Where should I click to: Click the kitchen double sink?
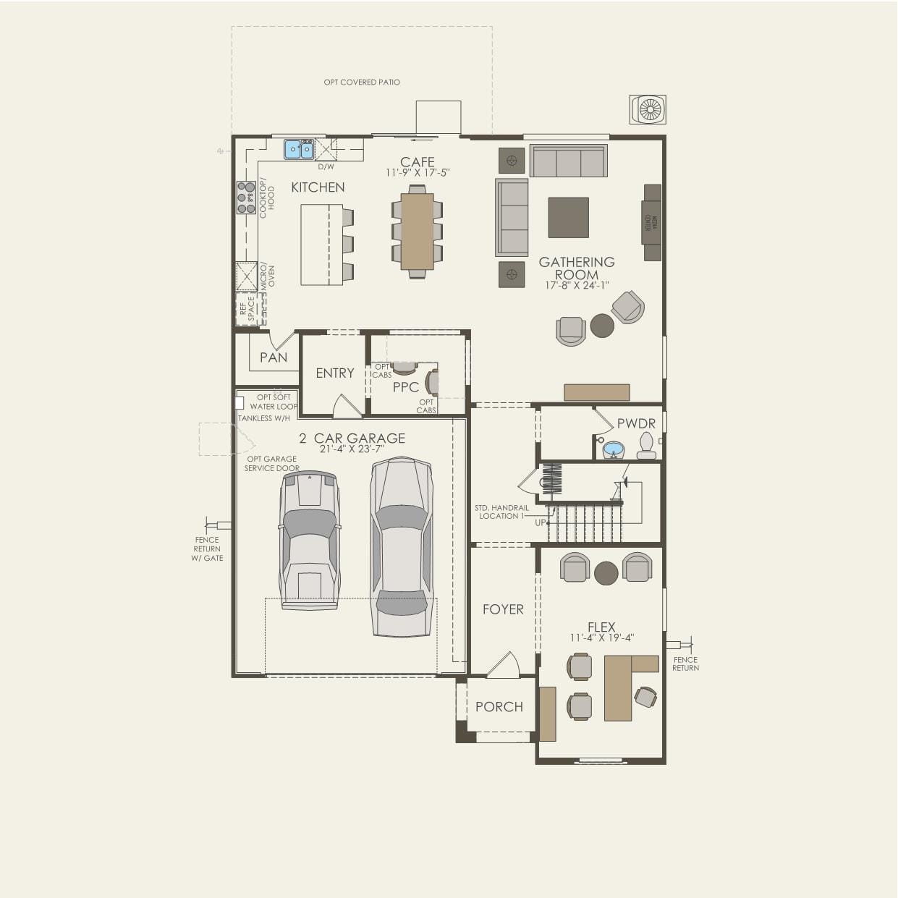[x=298, y=149]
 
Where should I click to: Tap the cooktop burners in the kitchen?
[x=246, y=197]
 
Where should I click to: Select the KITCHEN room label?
[x=318, y=187]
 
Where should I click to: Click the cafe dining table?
[x=417, y=231]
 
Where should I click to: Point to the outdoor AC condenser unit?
[x=648, y=109]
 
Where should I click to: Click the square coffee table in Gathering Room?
[x=568, y=217]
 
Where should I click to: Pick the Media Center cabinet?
[x=652, y=222]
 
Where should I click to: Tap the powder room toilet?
[x=646, y=445]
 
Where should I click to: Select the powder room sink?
[x=614, y=449]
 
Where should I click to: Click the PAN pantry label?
[x=274, y=357]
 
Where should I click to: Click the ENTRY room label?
[x=335, y=373]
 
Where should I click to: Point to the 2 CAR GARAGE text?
[x=352, y=439]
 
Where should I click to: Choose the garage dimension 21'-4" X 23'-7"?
[x=352, y=449]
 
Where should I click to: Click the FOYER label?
[x=503, y=610]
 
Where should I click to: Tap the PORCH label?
[x=499, y=707]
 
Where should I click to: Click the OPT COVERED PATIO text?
[x=362, y=82]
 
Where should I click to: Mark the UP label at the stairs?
[x=541, y=522]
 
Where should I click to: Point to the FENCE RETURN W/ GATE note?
[x=207, y=548]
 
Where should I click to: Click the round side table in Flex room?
[x=606, y=573]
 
